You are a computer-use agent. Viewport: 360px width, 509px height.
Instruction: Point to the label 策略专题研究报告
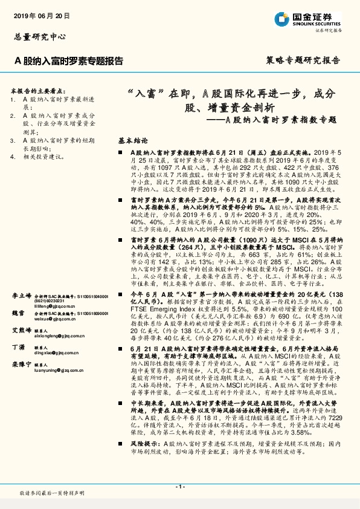pyautogui.click(x=303, y=60)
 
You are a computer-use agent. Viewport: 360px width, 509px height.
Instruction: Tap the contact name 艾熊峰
pyautogui.click(x=22, y=331)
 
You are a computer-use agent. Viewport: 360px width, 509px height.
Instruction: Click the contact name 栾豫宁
pyautogui.click(x=22, y=365)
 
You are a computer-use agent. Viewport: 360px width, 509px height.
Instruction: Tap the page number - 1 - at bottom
pyautogui.click(x=179, y=486)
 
